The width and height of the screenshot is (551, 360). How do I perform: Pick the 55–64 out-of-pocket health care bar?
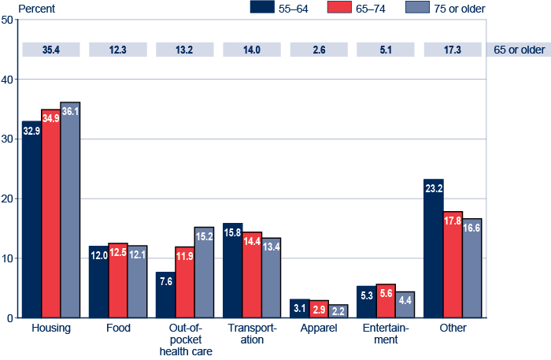point(165,295)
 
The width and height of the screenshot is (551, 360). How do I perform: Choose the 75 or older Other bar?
point(471,268)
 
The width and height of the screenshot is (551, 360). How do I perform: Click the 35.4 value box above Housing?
point(51,50)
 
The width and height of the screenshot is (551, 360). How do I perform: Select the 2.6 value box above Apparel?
point(319,50)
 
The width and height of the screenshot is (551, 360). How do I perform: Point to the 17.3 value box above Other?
point(453,50)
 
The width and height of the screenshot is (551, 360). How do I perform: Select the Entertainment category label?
point(386,334)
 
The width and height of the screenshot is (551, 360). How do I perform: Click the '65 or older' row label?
point(519,50)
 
